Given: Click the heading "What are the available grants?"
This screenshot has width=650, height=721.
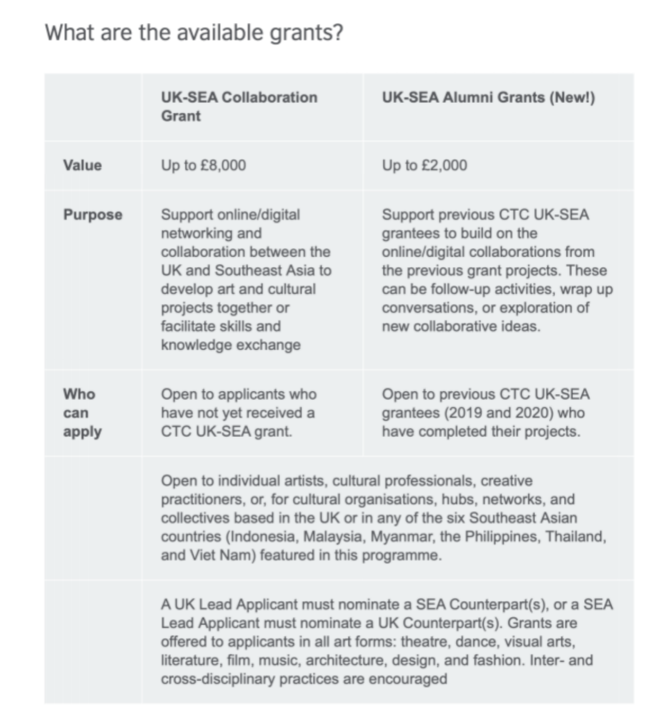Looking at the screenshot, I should tap(194, 33).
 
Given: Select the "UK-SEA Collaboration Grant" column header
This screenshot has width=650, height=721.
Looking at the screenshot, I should tap(239, 106).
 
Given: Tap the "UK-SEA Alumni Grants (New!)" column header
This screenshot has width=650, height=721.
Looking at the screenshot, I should tap(488, 97).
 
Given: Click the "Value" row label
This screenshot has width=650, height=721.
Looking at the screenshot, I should tap(82, 165).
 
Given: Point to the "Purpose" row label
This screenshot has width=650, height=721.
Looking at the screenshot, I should tap(93, 214).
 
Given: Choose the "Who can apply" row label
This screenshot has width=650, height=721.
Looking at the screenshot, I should tap(82, 413).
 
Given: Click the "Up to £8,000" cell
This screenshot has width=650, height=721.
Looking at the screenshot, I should tap(203, 165).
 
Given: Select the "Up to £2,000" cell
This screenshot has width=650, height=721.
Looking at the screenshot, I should tap(425, 165).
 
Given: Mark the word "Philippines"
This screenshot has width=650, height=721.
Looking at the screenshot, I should tap(502, 537).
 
